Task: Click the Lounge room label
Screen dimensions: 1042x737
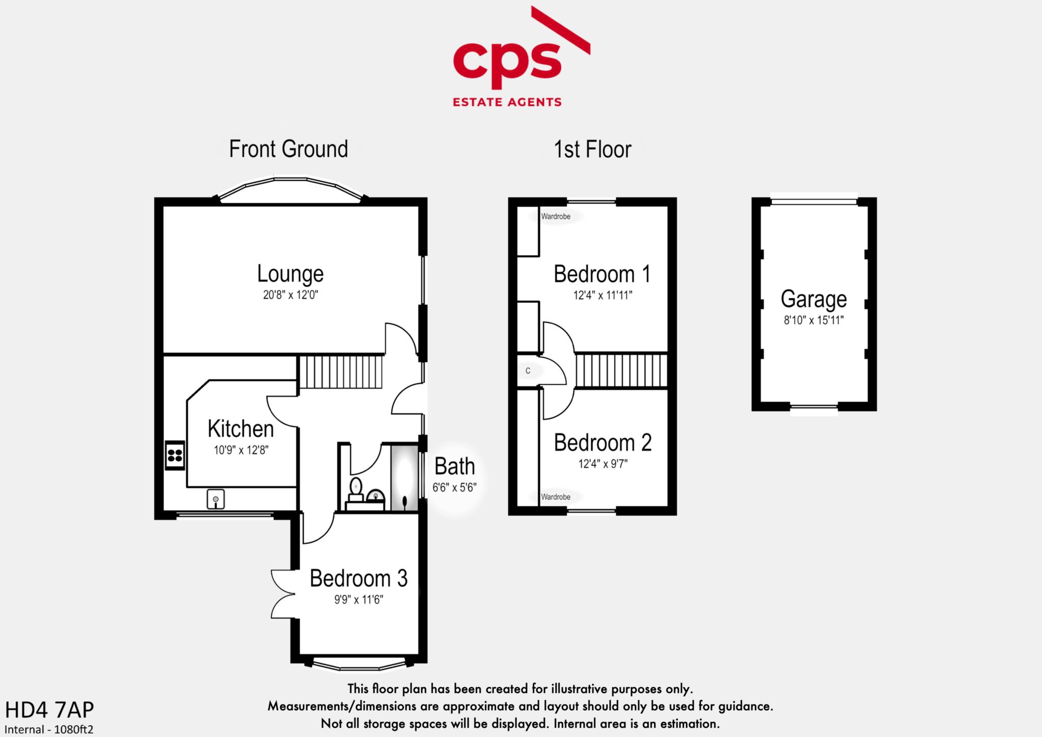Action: [290, 274]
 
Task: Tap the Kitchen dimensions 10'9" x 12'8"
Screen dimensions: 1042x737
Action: [241, 450]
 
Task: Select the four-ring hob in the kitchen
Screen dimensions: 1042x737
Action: [175, 455]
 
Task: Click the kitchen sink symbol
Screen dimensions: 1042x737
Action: [216, 499]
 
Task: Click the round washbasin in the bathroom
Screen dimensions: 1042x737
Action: [375, 495]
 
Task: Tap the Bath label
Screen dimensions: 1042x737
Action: [454, 466]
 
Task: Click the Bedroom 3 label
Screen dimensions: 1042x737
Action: [359, 578]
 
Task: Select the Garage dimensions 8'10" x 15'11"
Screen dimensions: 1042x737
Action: [814, 320]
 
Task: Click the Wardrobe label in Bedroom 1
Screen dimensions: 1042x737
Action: [556, 216]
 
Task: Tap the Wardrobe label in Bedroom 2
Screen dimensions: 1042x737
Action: [556, 497]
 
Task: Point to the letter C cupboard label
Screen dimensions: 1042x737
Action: [528, 371]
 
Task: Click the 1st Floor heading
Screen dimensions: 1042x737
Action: [592, 149]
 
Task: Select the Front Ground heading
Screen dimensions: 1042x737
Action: [288, 149]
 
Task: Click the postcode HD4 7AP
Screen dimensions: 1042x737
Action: [49, 710]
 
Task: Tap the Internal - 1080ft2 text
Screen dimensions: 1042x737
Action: [49, 729]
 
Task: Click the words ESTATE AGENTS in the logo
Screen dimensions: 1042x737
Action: [507, 102]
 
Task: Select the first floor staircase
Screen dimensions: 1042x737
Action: [621, 371]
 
